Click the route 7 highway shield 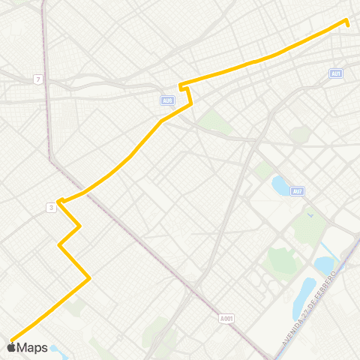pos(37,79)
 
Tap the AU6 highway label pos(166,99)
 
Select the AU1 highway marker pos(335,73)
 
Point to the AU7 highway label pos(298,191)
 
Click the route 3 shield pos(50,208)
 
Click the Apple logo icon pos(11,347)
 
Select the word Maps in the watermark pos(32,347)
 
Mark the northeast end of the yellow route pos(346,20)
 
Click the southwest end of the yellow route pos(10,338)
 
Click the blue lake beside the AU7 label pos(280,184)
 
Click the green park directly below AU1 pos(301,134)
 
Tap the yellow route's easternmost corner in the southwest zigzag pos(90,278)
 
